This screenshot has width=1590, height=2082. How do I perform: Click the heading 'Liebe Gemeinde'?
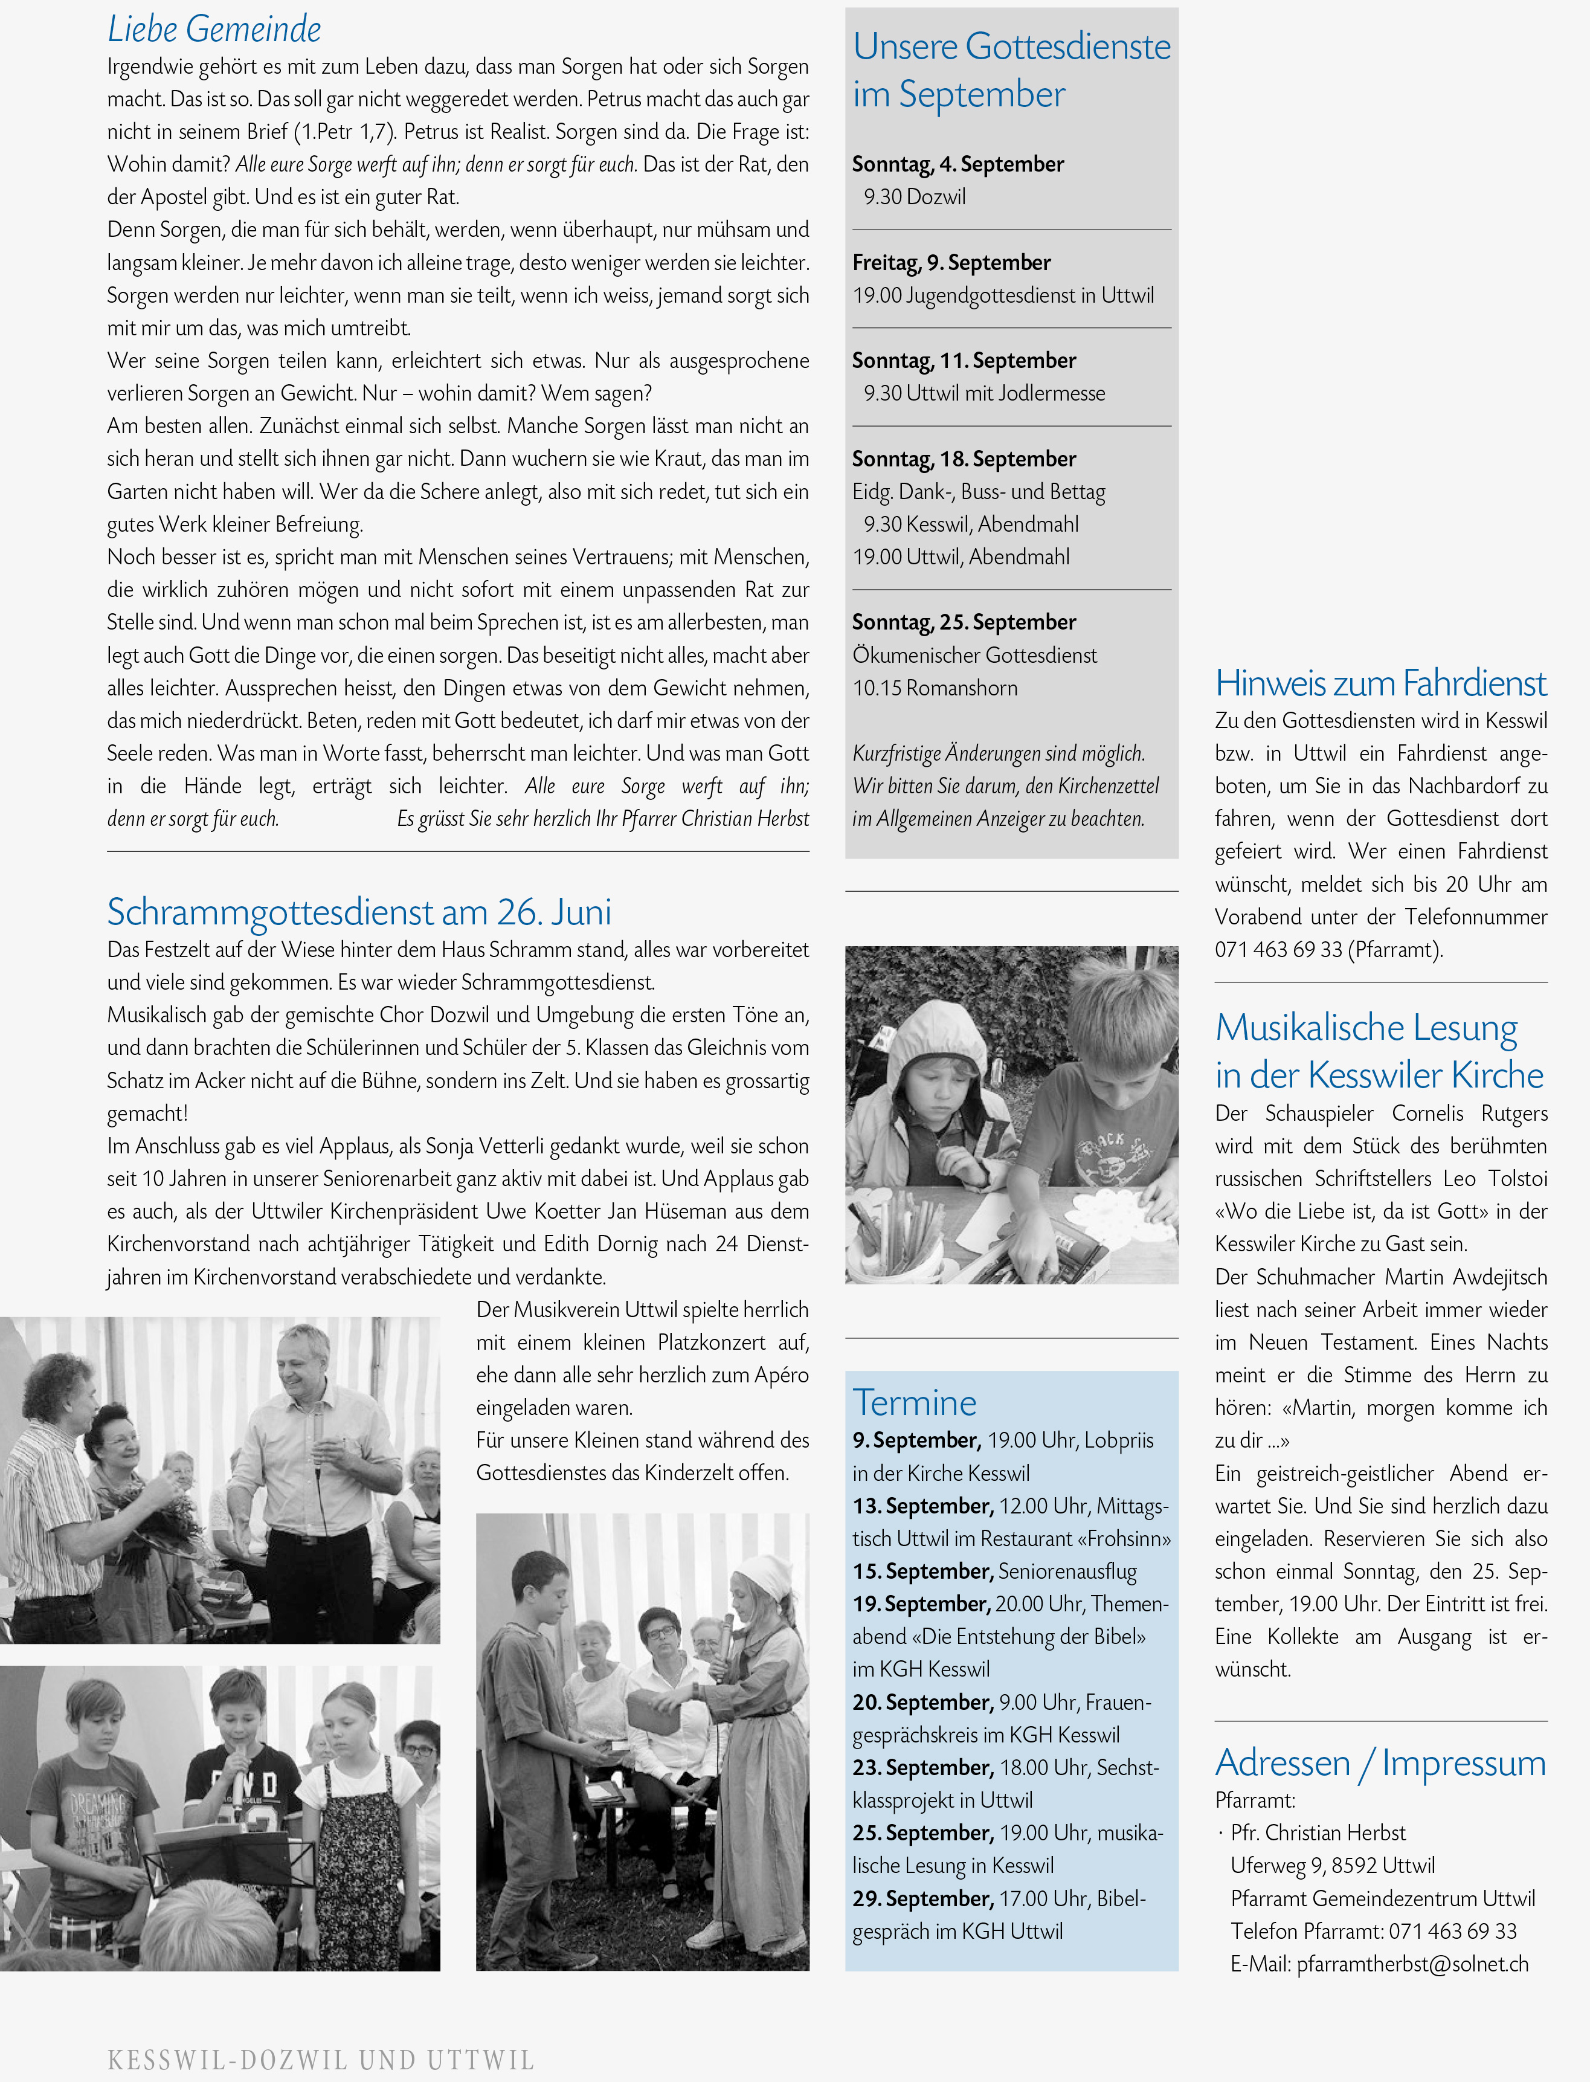coord(214,30)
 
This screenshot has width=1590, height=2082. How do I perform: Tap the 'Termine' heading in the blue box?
coord(914,1402)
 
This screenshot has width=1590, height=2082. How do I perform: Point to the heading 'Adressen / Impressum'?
coord(1380,1762)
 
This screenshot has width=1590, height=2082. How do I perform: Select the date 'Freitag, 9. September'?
coord(951,262)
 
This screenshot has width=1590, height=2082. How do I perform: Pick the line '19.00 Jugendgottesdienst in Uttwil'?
coord(1003,295)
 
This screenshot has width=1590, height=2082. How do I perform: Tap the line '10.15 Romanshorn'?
coord(935,688)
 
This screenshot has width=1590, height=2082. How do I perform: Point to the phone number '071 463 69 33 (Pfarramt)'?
coord(1329,949)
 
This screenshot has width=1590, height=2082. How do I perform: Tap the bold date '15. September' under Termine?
coord(923,1571)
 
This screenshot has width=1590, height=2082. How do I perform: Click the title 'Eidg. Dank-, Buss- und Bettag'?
coord(979,491)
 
